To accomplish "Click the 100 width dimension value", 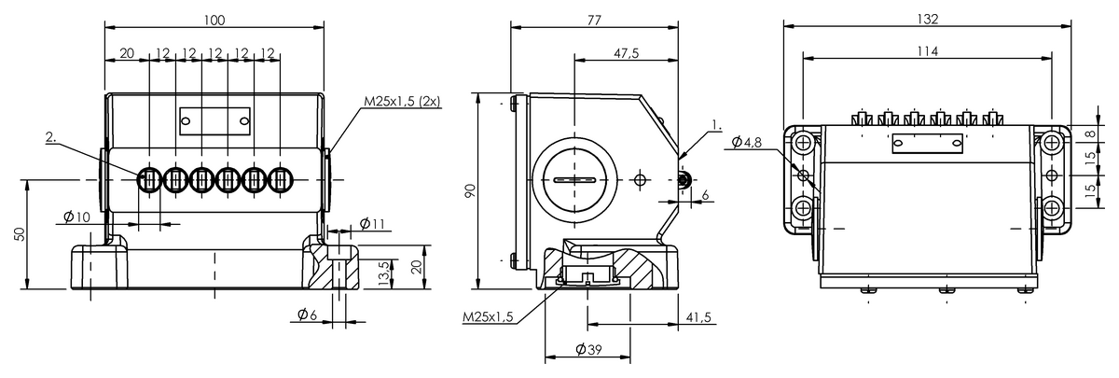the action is coord(214,20).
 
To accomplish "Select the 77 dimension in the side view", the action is coord(595,20).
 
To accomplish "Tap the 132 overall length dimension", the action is coord(928,19).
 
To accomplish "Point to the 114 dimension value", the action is coord(928,51).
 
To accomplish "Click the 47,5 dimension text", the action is coord(626,53).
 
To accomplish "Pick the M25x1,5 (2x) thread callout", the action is coord(402,101).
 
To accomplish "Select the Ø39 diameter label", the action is coord(588,349).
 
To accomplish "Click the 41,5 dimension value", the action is coord(698,317).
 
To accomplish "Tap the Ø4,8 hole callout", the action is coord(747,143).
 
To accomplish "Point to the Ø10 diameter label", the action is coord(76,217).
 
